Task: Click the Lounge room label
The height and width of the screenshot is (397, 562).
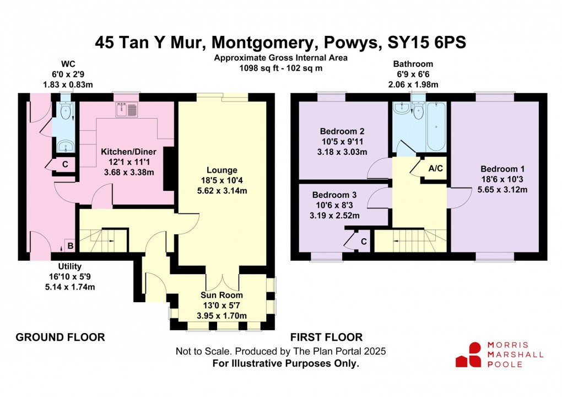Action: point(222,170)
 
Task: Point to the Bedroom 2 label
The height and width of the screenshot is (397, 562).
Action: point(342,131)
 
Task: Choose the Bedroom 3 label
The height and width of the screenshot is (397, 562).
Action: point(334,195)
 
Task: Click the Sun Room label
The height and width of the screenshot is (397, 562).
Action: point(221,294)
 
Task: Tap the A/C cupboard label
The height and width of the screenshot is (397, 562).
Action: point(435,169)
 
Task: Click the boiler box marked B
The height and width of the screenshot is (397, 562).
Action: point(70,245)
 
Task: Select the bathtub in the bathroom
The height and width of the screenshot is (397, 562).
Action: point(435,127)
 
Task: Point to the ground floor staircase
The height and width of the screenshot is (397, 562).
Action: point(102,238)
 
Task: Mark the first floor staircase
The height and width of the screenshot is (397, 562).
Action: point(410,240)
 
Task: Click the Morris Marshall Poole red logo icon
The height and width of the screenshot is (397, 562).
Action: point(468,354)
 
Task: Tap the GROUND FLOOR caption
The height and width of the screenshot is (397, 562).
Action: point(60,337)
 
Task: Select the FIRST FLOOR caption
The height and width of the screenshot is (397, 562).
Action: point(327,337)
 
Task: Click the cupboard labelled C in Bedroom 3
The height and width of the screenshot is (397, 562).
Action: point(363,241)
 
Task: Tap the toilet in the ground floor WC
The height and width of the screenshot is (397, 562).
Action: point(66,112)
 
